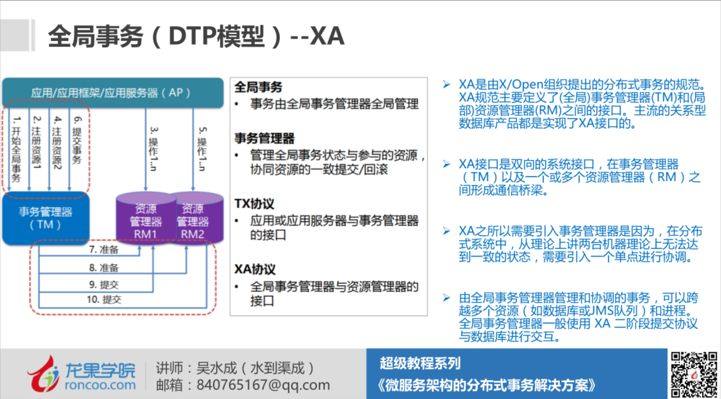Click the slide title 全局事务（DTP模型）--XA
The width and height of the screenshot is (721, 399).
(x=196, y=36)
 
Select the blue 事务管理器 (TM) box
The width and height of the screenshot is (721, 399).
(x=45, y=218)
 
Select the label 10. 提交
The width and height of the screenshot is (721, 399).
(x=104, y=300)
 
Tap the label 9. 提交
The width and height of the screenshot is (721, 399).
(x=104, y=285)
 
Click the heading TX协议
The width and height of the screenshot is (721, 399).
(x=254, y=204)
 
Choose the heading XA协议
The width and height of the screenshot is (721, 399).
(x=255, y=269)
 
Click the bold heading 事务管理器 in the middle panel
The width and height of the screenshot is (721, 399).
(x=265, y=138)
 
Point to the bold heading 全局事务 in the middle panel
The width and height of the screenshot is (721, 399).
(x=258, y=87)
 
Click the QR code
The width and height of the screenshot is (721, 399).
(x=693, y=374)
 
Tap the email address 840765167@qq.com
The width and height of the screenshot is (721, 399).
(x=263, y=385)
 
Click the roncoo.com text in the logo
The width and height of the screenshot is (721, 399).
(x=100, y=385)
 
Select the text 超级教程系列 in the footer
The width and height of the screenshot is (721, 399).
(x=420, y=363)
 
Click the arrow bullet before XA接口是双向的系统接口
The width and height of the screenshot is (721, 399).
(x=447, y=164)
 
